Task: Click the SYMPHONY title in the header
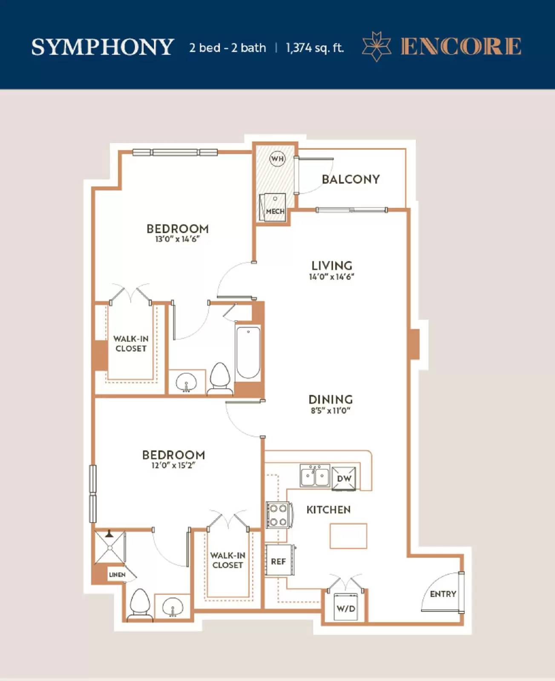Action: pos(103,47)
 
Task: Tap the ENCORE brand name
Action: pos(461,46)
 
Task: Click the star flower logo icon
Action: pos(377,46)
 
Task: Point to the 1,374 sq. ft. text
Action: pos(315,48)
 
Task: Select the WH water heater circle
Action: pos(277,159)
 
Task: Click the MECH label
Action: pos(275,212)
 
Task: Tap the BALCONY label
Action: pos(351,179)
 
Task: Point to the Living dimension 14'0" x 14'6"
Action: pos(332,277)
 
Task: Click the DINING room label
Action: pos(331,400)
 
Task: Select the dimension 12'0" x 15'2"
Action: pos(173,465)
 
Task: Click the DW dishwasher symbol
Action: pos(344,479)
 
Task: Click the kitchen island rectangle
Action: pos(348,536)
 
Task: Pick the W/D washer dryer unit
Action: pos(345,607)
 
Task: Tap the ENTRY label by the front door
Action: pos(443,594)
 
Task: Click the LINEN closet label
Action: pos(117,575)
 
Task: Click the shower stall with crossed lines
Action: pos(110,548)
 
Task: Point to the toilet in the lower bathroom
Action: pos(140,604)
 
